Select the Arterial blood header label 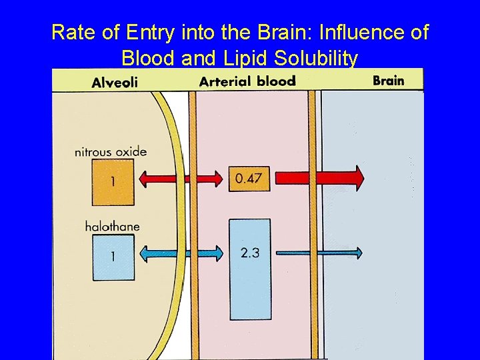click(x=247, y=81)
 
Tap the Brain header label click(x=388, y=81)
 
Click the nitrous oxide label click(x=110, y=151)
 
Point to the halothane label click(x=112, y=226)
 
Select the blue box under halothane click(x=113, y=257)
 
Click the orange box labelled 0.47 click(x=249, y=178)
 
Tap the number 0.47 click(x=249, y=178)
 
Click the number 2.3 click(x=249, y=253)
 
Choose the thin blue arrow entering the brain click(x=319, y=253)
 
